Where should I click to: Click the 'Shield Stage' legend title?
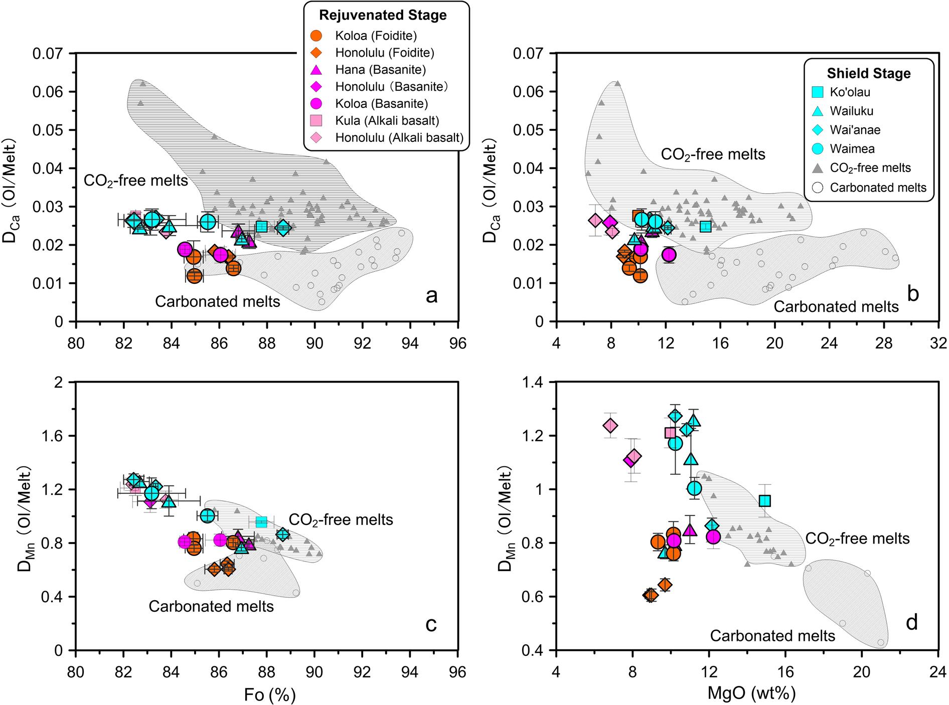tap(876, 74)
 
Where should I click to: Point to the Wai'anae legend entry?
tap(855, 130)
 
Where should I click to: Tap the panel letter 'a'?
tap(431, 296)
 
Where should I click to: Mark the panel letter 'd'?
tap(912, 622)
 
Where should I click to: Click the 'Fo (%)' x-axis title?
tap(269, 695)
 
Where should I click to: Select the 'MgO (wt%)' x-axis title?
tap(751, 694)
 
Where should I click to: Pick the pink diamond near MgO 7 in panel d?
tap(610, 426)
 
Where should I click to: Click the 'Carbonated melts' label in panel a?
tap(218, 301)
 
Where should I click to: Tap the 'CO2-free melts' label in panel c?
tap(341, 519)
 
